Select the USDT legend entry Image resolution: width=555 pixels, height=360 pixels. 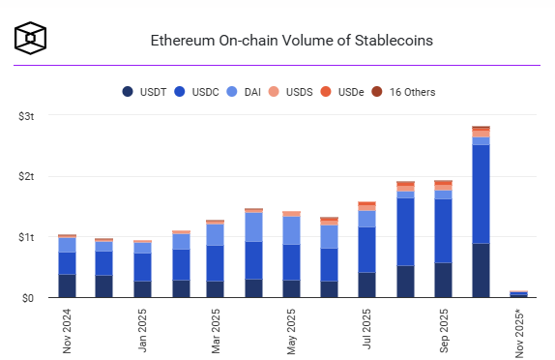[145, 92]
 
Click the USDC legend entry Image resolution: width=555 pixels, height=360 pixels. [198, 92]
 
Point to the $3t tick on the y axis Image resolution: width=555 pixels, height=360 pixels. [26, 116]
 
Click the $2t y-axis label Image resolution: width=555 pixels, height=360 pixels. [26, 177]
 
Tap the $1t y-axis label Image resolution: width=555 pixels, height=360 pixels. [26, 237]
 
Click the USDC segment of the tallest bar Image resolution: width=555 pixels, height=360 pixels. [481, 194]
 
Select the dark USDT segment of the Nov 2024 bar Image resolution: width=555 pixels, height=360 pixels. [67, 285]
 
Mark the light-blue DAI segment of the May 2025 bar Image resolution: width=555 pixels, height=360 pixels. [292, 229]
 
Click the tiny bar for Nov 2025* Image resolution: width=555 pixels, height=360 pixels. [519, 294]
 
